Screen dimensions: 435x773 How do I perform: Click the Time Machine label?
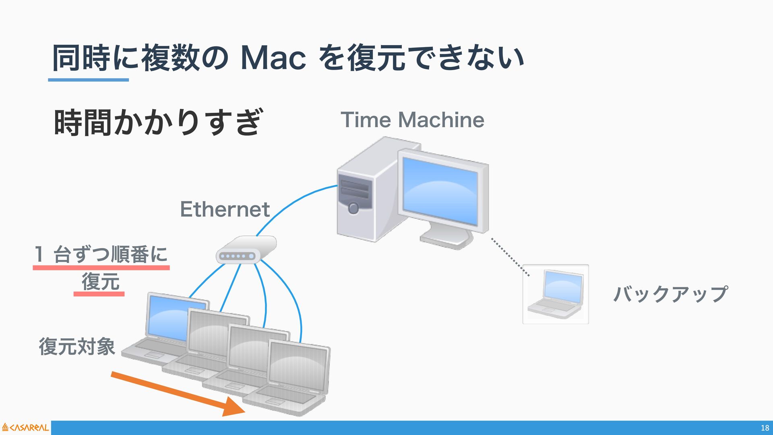[x=412, y=120]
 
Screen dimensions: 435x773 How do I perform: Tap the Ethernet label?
[x=225, y=209]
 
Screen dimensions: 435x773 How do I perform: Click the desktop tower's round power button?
[x=353, y=208]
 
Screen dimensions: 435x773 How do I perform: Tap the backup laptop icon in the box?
[x=556, y=294]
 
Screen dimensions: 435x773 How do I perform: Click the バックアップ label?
[x=670, y=294]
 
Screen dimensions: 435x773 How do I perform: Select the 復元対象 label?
[x=77, y=346]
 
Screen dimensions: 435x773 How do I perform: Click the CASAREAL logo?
[x=25, y=427]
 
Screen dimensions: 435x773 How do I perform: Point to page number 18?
[x=765, y=428]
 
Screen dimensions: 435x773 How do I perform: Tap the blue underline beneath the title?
[x=89, y=80]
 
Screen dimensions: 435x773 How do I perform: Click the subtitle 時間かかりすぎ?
[x=158, y=122]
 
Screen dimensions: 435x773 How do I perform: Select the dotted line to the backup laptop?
[x=510, y=257]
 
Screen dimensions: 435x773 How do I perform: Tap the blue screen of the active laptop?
[x=167, y=316]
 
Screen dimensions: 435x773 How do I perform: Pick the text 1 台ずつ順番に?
[x=101, y=254]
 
